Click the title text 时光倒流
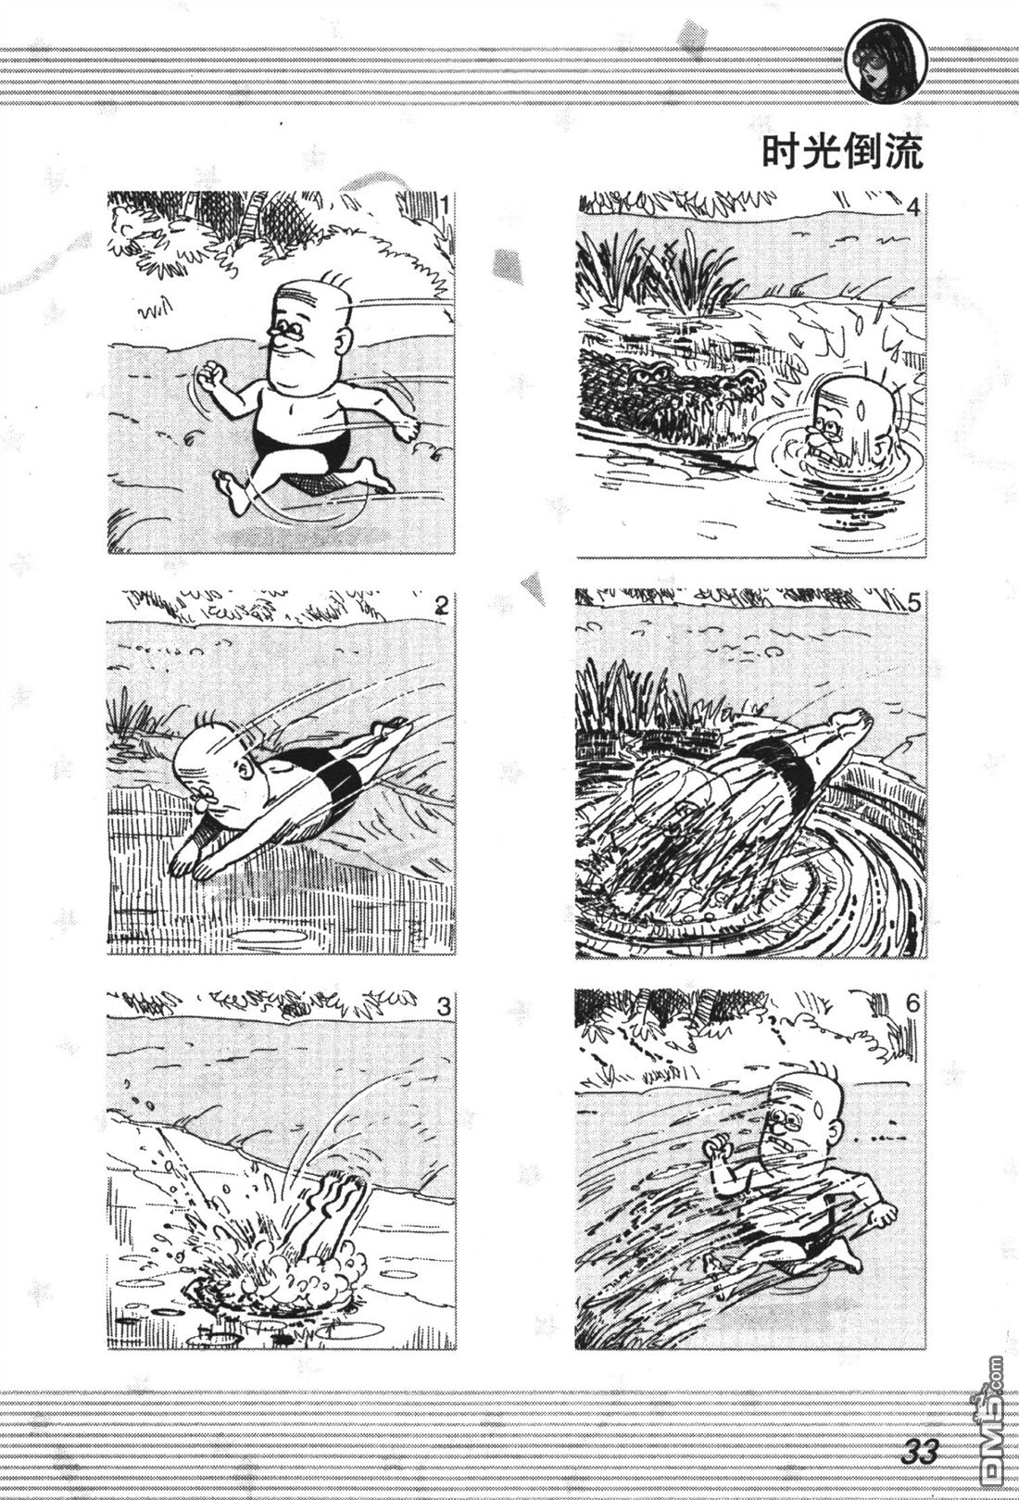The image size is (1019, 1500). pyautogui.click(x=843, y=154)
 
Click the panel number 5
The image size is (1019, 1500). pyautogui.click(x=914, y=603)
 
